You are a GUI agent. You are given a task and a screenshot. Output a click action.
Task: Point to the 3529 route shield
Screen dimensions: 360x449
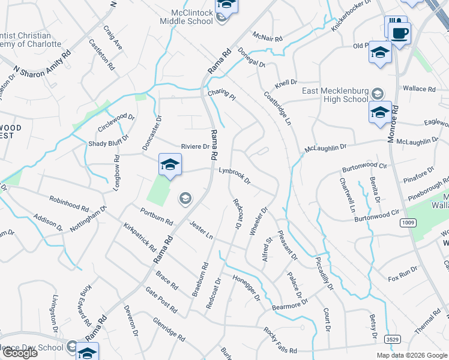392,339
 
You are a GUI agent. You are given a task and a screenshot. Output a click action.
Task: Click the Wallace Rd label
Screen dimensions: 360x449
419,89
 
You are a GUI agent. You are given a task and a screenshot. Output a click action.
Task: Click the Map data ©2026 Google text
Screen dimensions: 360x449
411,355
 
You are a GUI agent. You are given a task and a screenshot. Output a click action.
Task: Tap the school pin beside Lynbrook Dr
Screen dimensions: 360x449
170,166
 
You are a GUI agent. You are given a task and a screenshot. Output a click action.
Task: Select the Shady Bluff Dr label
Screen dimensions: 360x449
109,143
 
